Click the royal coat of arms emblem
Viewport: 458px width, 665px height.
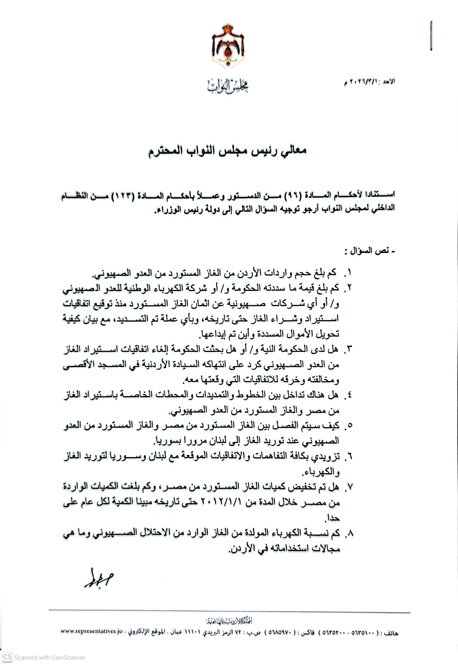click(228, 46)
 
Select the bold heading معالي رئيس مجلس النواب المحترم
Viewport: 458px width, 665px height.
click(228, 151)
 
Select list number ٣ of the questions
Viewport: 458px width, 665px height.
click(349, 349)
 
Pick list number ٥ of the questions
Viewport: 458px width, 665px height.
click(349, 426)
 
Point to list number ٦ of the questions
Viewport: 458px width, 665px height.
click(349, 456)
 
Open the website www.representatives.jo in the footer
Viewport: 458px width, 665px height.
click(92, 631)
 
